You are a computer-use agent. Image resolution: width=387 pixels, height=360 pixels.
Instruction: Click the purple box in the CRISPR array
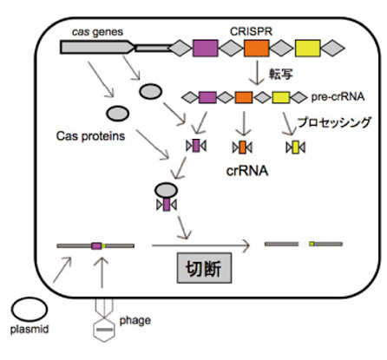pyautogui.click(x=205, y=48)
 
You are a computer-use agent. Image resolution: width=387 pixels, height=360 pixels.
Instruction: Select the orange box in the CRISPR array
pyautogui.click(x=256, y=48)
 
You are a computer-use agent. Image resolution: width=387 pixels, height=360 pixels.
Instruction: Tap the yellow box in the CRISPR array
pyautogui.click(x=307, y=48)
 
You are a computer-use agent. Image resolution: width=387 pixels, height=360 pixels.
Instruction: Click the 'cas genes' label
pyautogui.click(x=97, y=32)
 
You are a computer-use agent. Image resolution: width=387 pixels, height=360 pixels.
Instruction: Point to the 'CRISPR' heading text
pyautogui.click(x=251, y=31)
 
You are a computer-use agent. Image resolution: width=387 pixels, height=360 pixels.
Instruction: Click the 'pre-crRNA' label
pyautogui.click(x=338, y=97)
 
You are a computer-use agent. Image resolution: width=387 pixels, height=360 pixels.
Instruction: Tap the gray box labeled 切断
pyautogui.click(x=204, y=268)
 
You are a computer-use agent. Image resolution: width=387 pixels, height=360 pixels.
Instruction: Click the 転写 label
pyautogui.click(x=280, y=74)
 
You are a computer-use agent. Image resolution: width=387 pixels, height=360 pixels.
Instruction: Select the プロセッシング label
pyautogui.click(x=334, y=122)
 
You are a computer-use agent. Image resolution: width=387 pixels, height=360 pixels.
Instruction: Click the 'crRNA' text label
pyautogui.click(x=247, y=171)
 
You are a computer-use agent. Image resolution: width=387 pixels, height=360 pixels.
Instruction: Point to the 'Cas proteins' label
pyautogui.click(x=90, y=136)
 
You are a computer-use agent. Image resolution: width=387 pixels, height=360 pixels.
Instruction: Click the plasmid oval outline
pyautogui.click(x=30, y=298)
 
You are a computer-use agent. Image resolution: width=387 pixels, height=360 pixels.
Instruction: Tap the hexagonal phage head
pyautogui.click(x=104, y=330)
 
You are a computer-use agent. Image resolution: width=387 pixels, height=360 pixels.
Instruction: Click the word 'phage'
pyautogui.click(x=135, y=321)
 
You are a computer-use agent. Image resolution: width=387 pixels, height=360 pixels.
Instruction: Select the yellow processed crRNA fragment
pyautogui.click(x=295, y=147)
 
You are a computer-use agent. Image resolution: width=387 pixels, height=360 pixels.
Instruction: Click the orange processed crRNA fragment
pyautogui.click(x=242, y=147)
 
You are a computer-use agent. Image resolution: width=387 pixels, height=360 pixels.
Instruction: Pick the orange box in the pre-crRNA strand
pyautogui.click(x=244, y=97)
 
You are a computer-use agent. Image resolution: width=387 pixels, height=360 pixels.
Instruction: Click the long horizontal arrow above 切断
pyautogui.click(x=200, y=245)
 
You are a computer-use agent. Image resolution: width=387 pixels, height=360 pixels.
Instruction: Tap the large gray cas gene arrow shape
pyautogui.click(x=97, y=47)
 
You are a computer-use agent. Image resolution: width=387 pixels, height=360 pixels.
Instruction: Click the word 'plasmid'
pyautogui.click(x=30, y=330)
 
